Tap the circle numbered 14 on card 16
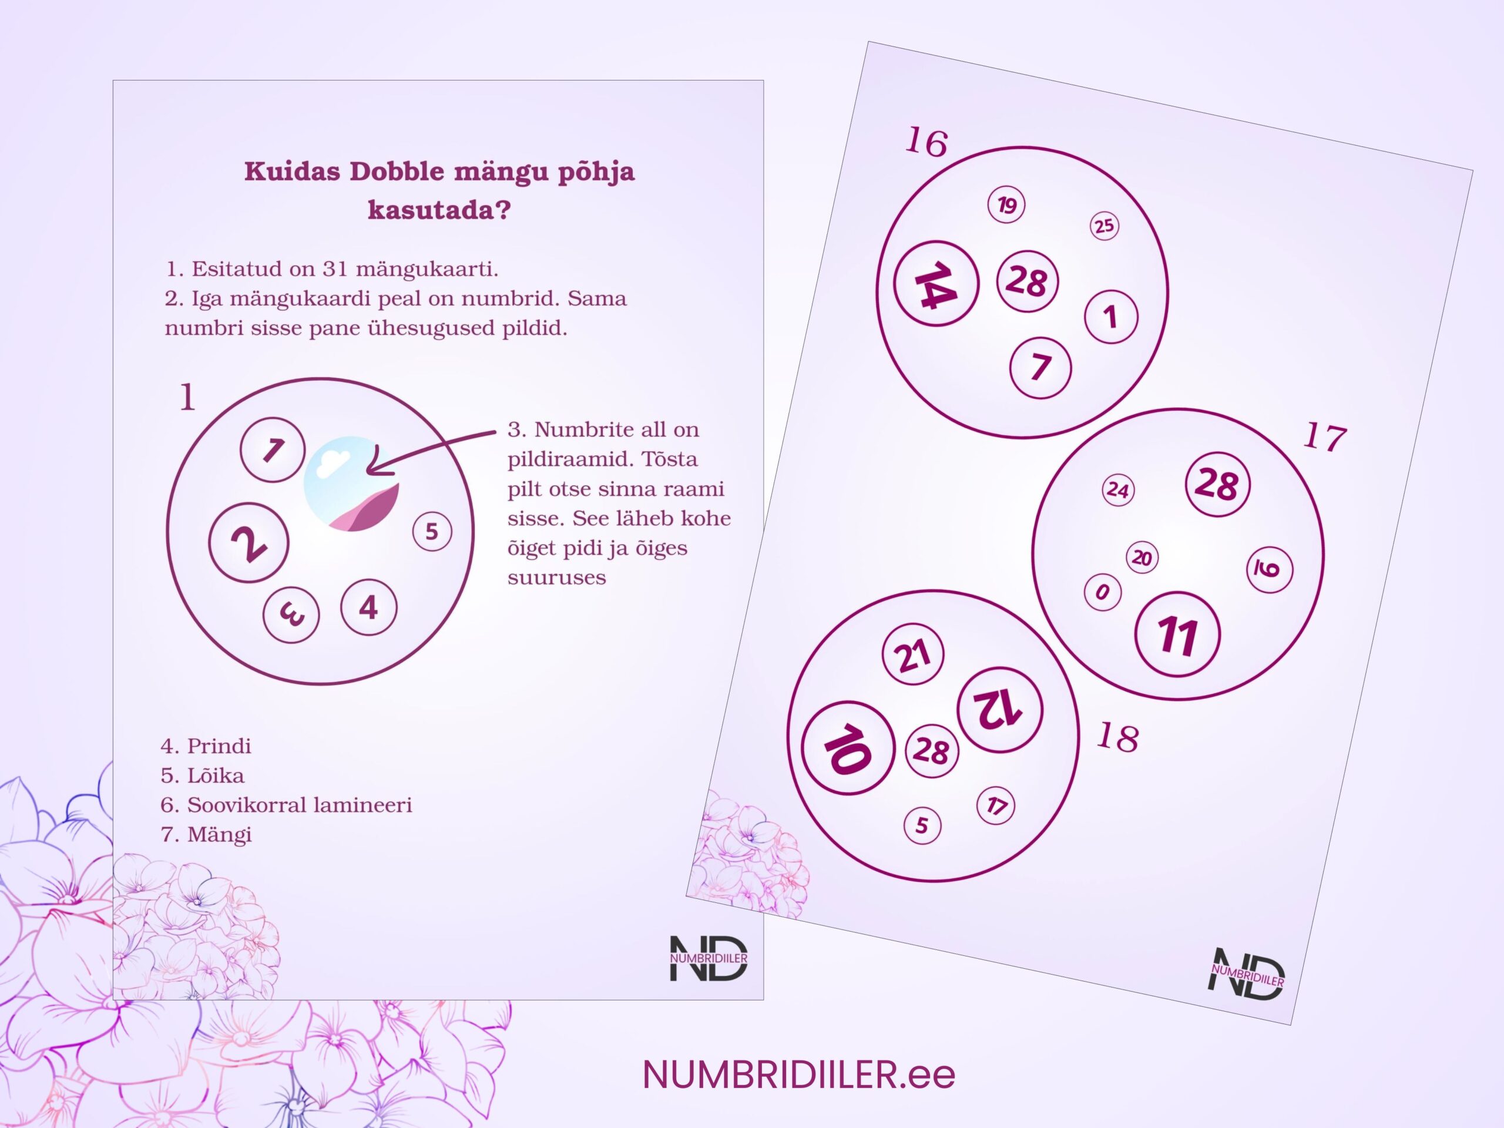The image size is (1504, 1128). (935, 284)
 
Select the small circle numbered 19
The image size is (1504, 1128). (1006, 204)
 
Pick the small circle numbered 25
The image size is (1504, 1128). (1104, 226)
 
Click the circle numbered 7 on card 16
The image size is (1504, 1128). (1040, 368)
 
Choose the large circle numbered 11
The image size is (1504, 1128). (1177, 634)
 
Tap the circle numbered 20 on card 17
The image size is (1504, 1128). (1142, 558)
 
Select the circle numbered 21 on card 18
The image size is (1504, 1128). (912, 656)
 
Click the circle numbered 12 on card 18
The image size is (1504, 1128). (999, 709)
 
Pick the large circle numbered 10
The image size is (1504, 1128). (847, 747)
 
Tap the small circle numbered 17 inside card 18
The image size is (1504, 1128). (995, 805)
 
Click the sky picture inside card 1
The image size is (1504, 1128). (351, 484)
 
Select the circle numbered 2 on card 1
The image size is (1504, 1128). (249, 543)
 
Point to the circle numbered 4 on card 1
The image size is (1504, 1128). (368, 606)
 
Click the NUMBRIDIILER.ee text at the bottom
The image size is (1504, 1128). (799, 1075)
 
